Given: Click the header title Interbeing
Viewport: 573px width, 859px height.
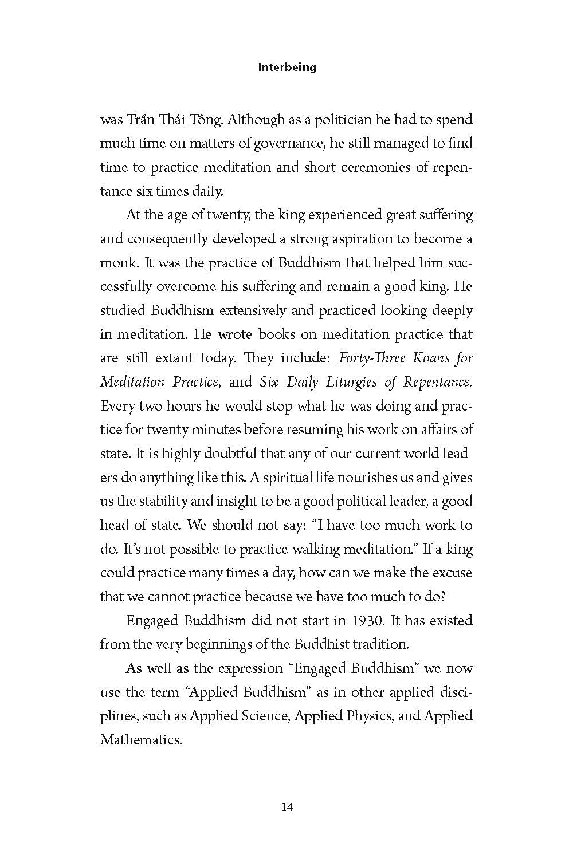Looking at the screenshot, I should click(x=287, y=67).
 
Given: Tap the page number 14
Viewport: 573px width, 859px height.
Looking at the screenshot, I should click(x=287, y=807).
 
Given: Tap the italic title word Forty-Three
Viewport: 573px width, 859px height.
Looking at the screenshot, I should click(x=372, y=358).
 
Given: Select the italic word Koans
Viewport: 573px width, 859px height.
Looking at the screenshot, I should click(x=433, y=358).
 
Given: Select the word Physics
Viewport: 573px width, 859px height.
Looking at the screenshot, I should click(x=368, y=716).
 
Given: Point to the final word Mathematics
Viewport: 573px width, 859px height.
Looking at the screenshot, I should click(x=141, y=740).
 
